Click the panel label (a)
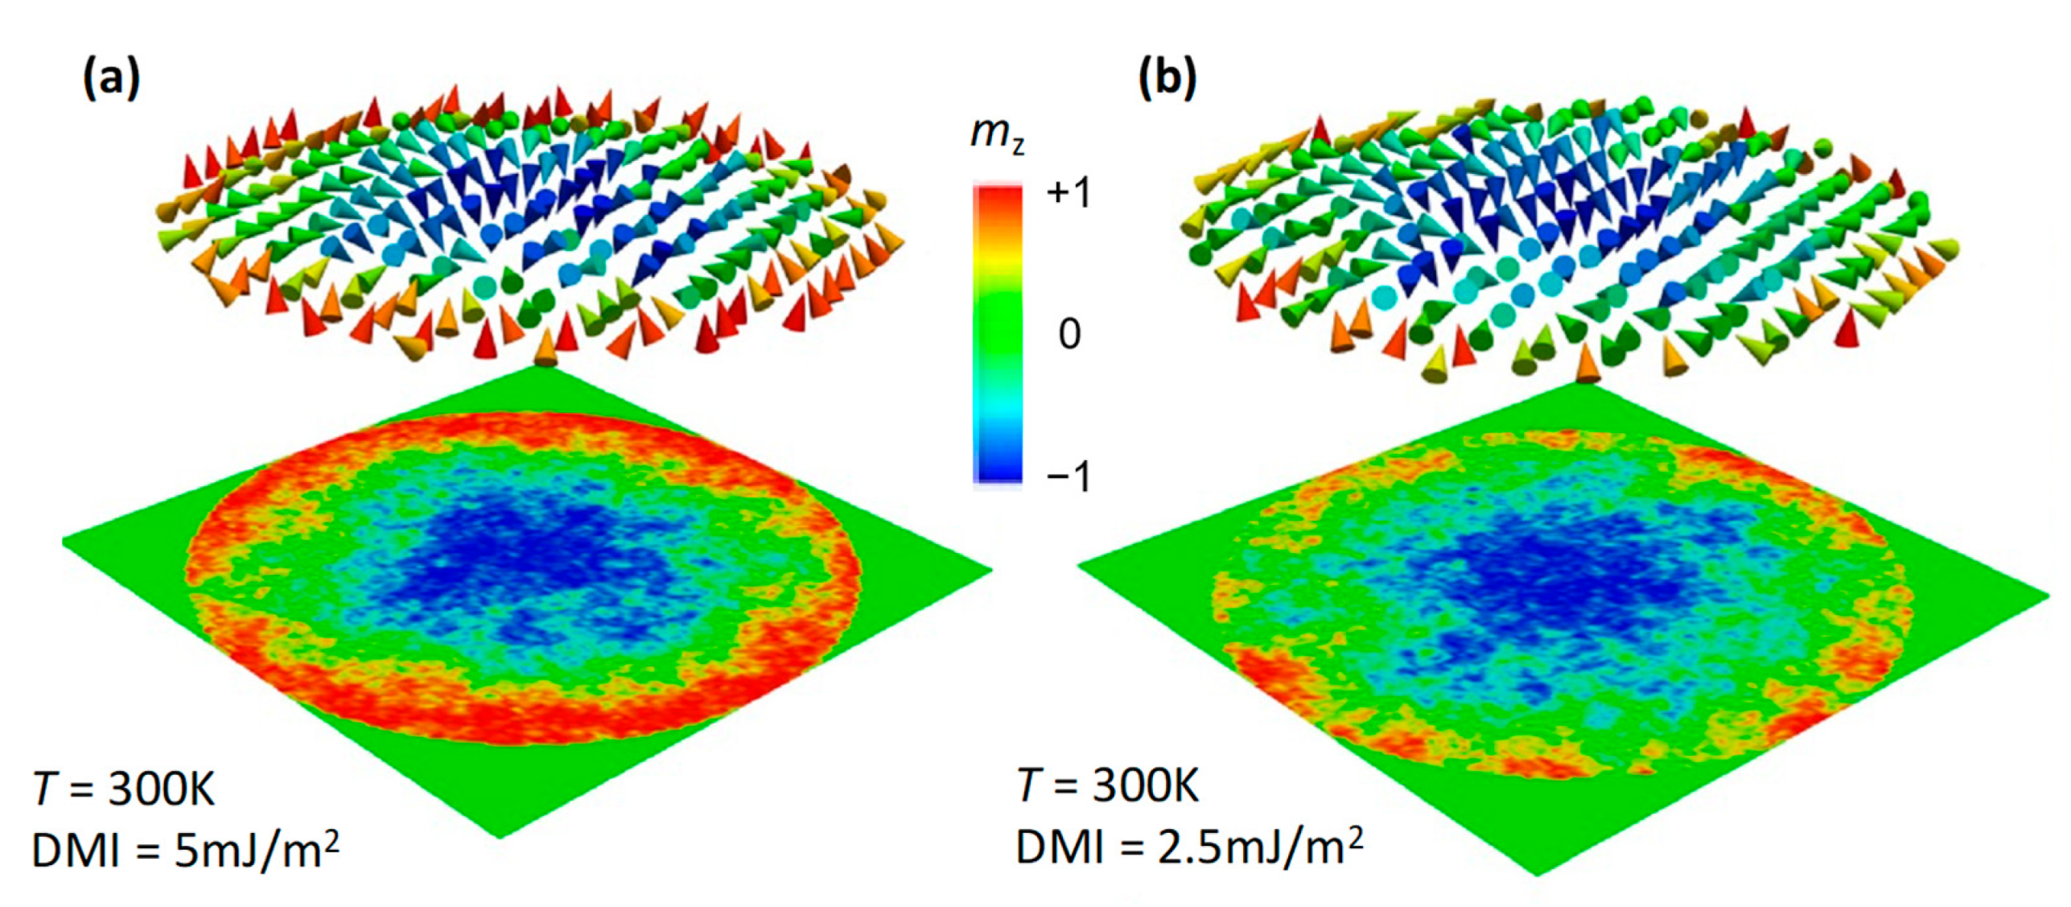click(111, 80)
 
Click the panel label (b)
click(1167, 80)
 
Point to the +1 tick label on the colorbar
click(1068, 193)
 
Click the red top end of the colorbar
click(998, 197)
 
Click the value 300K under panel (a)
click(162, 788)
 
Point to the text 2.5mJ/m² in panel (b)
click(1260, 847)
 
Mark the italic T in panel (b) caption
click(1029, 785)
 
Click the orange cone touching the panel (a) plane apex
click(546, 350)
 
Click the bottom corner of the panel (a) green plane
click(500, 835)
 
